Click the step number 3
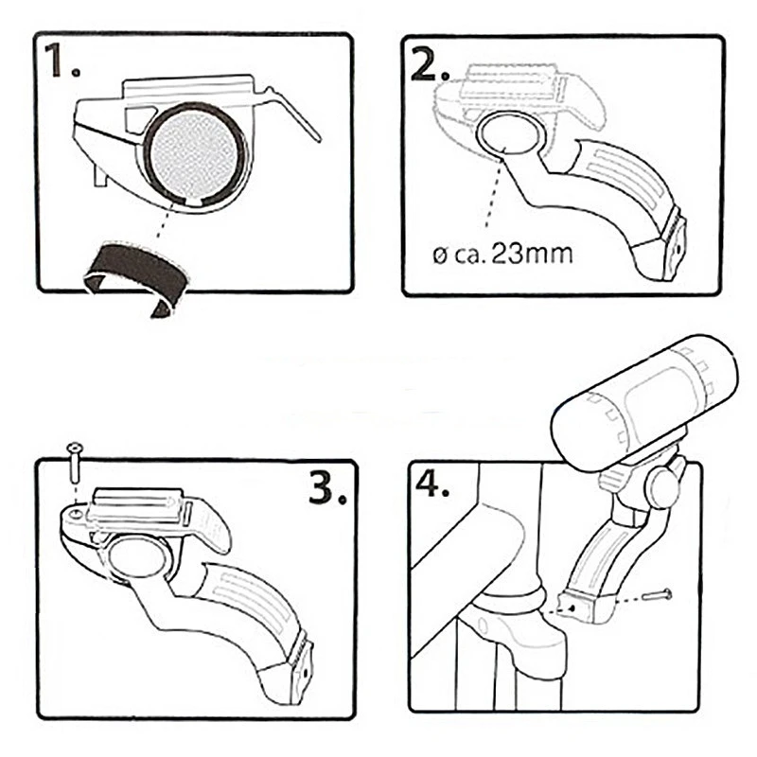327,487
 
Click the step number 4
432,484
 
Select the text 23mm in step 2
533,255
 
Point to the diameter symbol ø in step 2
439,255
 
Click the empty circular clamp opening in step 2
507,132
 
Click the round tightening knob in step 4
665,488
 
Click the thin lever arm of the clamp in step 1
294,114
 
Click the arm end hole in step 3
307,673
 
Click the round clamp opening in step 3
138,558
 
